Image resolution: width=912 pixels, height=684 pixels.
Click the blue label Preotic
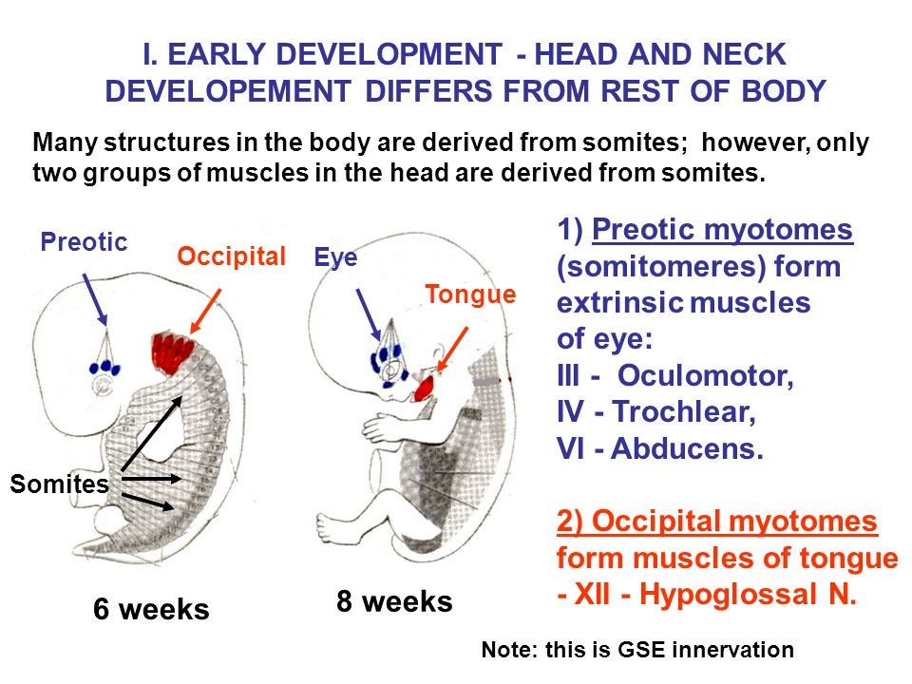coord(84,242)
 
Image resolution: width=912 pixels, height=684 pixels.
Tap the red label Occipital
coord(231,256)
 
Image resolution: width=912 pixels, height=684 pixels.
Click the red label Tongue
coord(470,294)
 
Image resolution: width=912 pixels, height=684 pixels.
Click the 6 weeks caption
coord(151,609)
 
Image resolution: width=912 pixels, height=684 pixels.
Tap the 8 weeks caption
coord(394,601)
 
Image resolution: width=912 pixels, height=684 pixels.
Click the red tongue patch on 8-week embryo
coord(425,386)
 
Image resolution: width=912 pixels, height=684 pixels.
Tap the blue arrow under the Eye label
coord(368,313)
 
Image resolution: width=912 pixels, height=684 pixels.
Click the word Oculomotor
coord(705,375)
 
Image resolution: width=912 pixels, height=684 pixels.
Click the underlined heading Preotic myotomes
coord(722,231)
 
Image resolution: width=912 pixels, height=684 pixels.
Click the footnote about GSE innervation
coord(637,651)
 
